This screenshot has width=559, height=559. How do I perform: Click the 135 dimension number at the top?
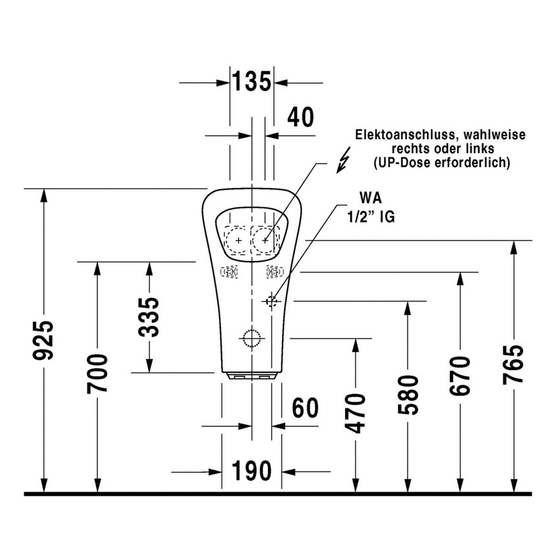tap(252, 82)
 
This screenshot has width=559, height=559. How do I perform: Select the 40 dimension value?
tap(301, 117)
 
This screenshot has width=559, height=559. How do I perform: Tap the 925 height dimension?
tap(43, 340)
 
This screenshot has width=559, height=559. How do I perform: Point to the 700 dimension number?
tap(97, 374)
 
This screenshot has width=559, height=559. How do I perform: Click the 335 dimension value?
tap(149, 317)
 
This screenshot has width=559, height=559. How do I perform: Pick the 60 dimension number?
tap(305, 408)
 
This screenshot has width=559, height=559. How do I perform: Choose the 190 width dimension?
tap(252, 471)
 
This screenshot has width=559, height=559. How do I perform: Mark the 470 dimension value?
tap(355, 413)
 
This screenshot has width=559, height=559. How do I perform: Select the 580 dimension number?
tap(408, 395)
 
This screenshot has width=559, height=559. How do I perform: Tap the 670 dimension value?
tap(460, 376)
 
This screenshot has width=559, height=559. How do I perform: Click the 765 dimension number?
tap(514, 364)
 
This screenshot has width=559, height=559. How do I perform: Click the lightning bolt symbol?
tap(344, 160)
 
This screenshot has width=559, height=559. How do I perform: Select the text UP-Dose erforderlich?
tap(441, 162)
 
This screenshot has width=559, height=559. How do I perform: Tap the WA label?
tap(371, 197)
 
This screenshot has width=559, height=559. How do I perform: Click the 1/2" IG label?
tap(371, 216)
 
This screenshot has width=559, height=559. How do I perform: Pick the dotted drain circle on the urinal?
tap(252, 337)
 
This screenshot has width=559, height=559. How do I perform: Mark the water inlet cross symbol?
tap(272, 301)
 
